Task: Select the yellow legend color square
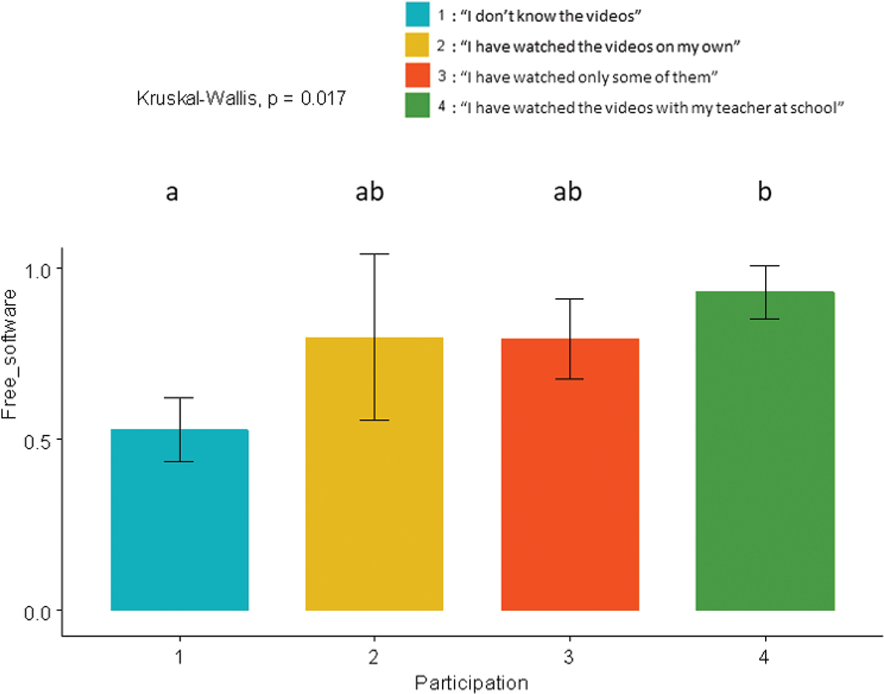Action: [417, 46]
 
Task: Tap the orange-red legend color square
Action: [417, 76]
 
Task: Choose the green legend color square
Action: [417, 106]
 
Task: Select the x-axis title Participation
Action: [471, 682]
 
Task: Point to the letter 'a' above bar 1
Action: [172, 193]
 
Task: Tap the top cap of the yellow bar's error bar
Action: [374, 254]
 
